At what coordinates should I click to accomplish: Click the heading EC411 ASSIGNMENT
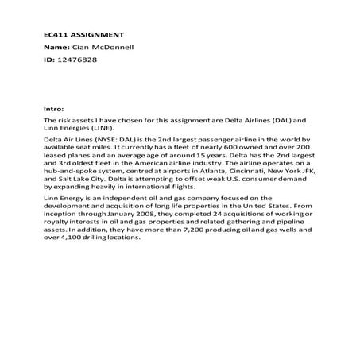pos(83,35)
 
